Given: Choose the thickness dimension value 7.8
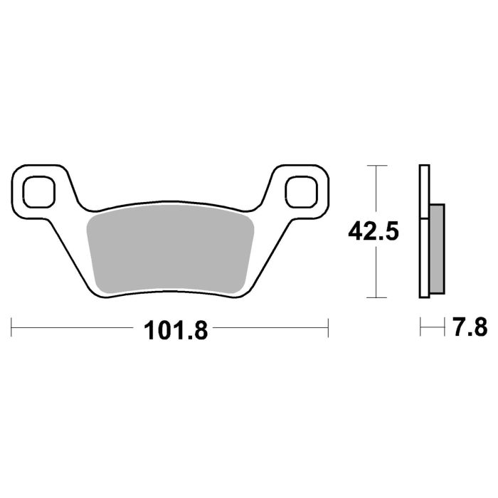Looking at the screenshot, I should (x=469, y=328).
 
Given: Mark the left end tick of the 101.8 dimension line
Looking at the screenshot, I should (x=12, y=328).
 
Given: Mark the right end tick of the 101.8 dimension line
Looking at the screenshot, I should (x=328, y=328).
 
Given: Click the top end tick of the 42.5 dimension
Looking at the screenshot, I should (x=376, y=165).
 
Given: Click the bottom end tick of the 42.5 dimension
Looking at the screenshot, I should (x=376, y=297).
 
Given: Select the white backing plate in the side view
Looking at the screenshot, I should (x=425, y=231).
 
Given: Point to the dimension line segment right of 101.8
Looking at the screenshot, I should (x=270, y=328).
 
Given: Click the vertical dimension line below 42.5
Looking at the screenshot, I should (x=376, y=270).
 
